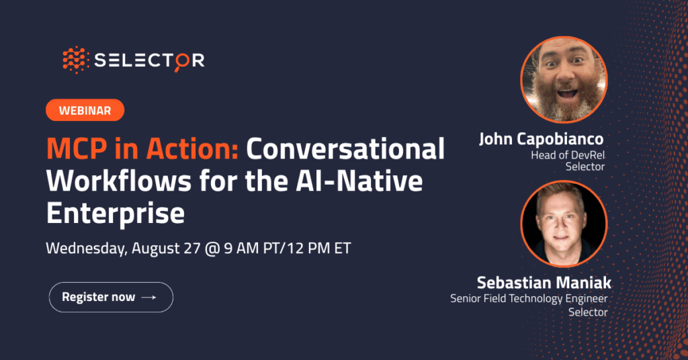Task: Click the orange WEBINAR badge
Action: coord(85,110)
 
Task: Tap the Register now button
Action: coord(111,298)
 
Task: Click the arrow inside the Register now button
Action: coord(148,298)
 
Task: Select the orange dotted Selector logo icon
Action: coord(76,60)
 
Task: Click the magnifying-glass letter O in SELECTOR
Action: coord(181,61)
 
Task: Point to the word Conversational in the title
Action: coord(345,149)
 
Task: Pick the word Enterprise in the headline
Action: coord(116,214)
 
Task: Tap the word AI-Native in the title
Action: coord(359,181)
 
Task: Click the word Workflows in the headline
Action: coord(119,181)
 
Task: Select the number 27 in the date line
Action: coord(191,249)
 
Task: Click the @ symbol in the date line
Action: coord(212,249)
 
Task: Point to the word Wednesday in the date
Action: coord(87,249)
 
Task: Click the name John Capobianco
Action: coord(541,139)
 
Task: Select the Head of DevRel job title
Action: coord(568,155)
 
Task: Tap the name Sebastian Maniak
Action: coord(544,283)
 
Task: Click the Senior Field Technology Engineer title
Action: coord(529,299)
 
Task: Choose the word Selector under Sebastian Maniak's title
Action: coord(588,312)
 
